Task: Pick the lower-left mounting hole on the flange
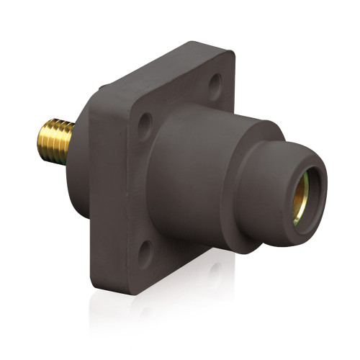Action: click(x=144, y=252)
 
